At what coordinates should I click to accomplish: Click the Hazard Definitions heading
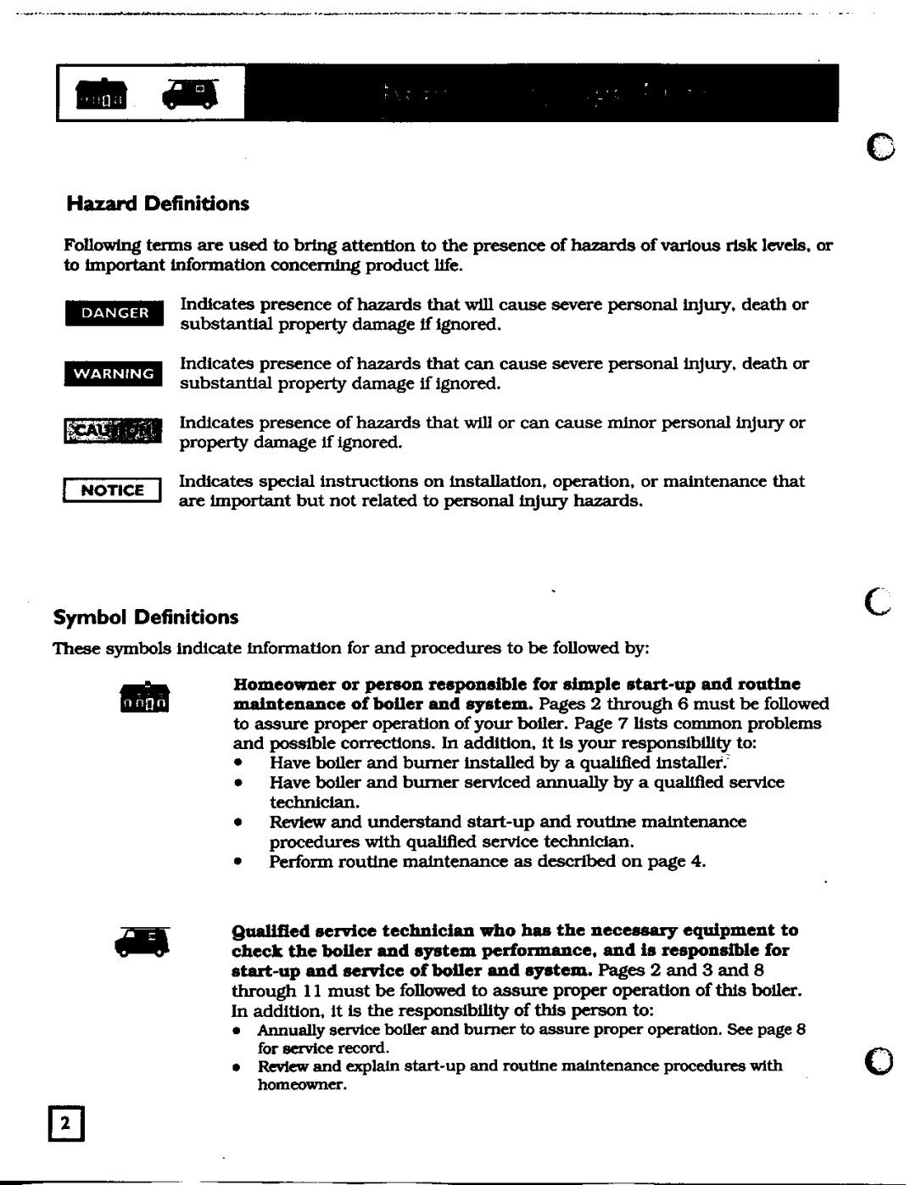(x=158, y=204)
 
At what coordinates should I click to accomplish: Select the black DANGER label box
(x=114, y=313)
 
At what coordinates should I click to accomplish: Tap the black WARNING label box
(x=114, y=373)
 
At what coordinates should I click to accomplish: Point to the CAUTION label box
(x=113, y=432)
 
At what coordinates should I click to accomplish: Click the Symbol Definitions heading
(x=146, y=618)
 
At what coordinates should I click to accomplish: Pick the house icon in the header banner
(x=102, y=96)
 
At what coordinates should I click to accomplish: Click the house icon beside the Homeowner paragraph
(x=144, y=697)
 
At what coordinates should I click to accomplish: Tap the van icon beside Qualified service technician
(x=144, y=942)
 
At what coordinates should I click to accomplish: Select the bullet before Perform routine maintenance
(x=241, y=862)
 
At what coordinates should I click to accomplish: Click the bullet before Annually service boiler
(x=240, y=1031)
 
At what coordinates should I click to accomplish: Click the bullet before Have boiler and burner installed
(x=241, y=763)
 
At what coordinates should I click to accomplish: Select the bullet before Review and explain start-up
(x=240, y=1067)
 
